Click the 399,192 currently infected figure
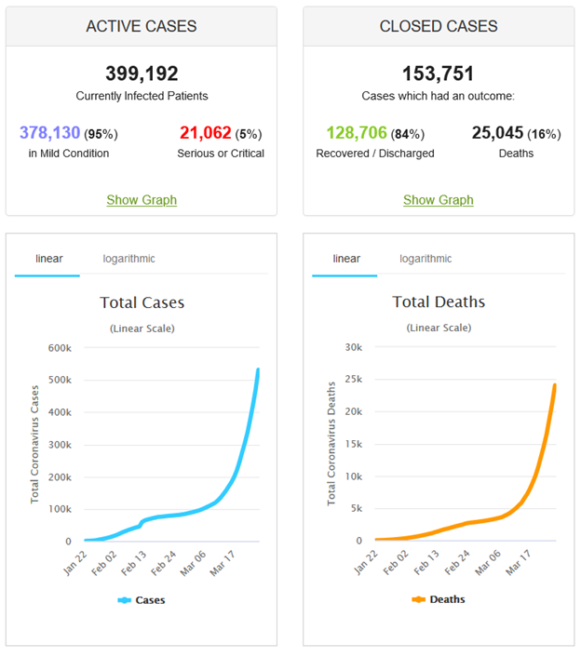[142, 74]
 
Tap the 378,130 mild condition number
[49, 133]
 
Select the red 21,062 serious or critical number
[204, 133]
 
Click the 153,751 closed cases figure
[438, 74]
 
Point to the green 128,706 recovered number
[356, 133]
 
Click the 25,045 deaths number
[497, 133]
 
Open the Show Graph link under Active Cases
[142, 200]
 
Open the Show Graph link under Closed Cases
[438, 200]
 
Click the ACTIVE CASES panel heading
[142, 26]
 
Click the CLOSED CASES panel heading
[438, 26]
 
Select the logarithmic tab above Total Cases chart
[129, 259]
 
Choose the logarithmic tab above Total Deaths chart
[426, 259]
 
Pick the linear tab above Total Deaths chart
[346, 259]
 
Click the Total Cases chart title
[142, 302]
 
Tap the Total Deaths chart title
[439, 302]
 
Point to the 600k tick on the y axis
[60, 347]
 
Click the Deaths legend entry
[439, 600]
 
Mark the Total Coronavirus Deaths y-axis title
[331, 443]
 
